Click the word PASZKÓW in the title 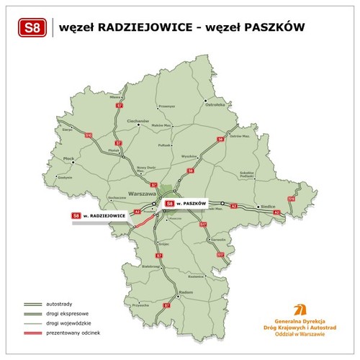click(273, 28)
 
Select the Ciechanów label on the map click(138, 121)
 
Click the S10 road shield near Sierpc click(89, 135)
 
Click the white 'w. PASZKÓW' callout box click(186, 203)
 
